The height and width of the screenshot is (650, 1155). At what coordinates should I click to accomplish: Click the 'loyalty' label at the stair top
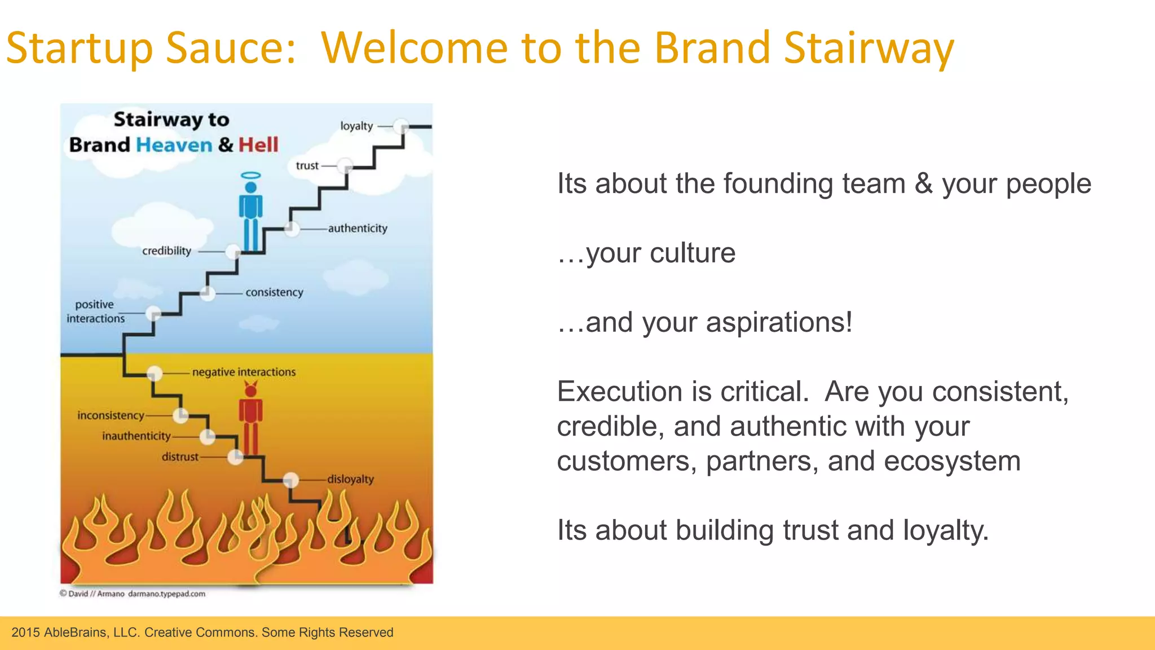coord(356,126)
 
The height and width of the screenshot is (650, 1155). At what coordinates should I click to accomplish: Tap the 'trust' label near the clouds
coord(307,166)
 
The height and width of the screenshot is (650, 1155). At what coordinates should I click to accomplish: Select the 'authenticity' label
coord(358,229)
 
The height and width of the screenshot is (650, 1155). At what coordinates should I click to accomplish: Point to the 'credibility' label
coord(166,251)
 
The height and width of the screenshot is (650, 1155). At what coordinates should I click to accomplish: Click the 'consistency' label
coord(274,292)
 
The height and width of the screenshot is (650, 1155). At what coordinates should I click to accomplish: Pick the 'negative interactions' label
coord(244,372)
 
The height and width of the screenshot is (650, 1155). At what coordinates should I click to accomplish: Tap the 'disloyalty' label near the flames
coord(350,480)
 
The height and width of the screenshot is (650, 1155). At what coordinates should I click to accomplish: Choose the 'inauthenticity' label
coord(136,436)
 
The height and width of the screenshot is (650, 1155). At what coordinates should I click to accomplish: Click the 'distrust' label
coord(180,457)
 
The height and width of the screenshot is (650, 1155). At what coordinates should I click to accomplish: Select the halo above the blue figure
coord(250,175)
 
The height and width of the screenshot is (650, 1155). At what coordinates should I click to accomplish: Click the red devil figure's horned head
coord(250,389)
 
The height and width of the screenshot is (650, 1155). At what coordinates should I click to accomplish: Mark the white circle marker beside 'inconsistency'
coord(180,416)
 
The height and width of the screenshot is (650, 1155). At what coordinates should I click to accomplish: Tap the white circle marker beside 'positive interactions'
coord(153,314)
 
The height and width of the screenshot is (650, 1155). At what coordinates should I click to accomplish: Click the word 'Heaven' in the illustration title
coord(174,145)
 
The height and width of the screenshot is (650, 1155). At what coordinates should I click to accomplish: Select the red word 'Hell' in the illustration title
coord(258,145)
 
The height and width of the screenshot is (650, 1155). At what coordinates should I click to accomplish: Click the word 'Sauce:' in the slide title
coord(231,49)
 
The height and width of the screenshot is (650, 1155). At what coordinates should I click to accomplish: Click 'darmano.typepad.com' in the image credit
coord(166,594)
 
